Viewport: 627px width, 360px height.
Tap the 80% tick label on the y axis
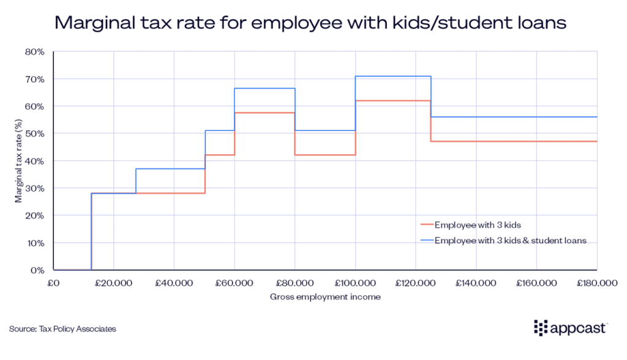pos(34,52)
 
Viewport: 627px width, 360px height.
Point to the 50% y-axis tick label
pos(34,133)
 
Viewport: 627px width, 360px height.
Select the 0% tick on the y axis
pos(37,270)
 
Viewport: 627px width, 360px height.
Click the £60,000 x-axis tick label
pos(234,284)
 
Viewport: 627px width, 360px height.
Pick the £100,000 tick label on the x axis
pos(355,284)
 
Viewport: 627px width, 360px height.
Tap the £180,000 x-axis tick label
pos(596,284)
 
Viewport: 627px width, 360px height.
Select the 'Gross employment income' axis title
pos(325,297)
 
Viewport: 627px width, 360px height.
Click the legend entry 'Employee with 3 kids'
pos(474,225)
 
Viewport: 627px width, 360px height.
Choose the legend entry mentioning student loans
pos(511,241)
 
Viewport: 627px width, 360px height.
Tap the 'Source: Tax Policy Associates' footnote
pos(62,329)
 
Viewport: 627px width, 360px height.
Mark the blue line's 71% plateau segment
pos(393,77)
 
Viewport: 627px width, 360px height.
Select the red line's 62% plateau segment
pos(393,100)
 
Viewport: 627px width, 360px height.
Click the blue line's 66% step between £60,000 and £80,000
pos(265,88)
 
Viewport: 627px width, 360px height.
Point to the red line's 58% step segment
pos(265,113)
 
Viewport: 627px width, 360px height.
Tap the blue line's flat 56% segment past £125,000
pos(514,117)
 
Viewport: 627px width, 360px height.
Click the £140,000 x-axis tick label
pos(475,284)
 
